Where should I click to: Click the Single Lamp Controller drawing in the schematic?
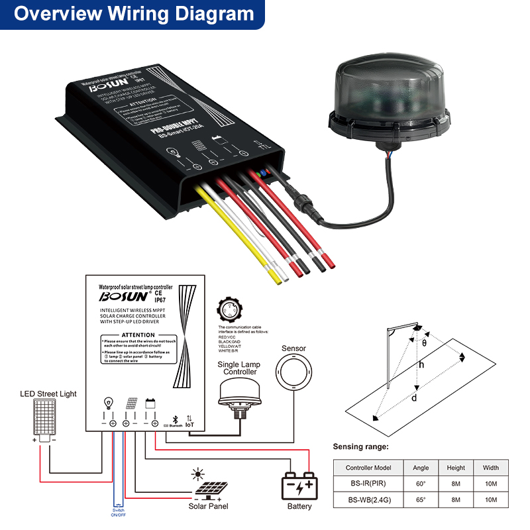(239, 395)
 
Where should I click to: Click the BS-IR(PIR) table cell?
(368, 484)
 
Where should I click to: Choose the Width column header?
(490, 468)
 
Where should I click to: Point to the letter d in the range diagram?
(414, 398)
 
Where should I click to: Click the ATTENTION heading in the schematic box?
(138, 335)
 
